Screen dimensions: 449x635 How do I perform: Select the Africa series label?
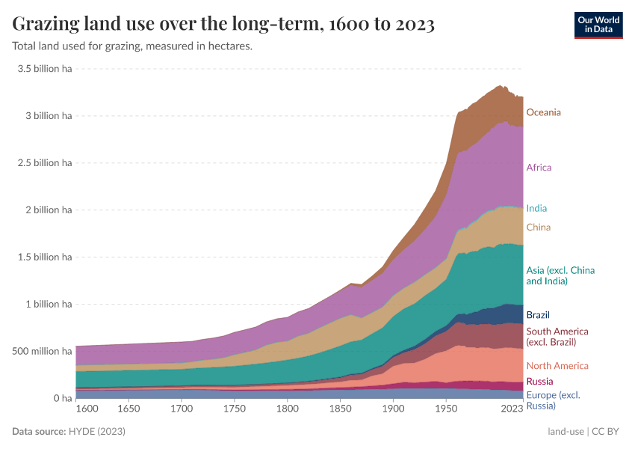[x=539, y=168]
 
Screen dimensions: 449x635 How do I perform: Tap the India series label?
[x=536, y=208]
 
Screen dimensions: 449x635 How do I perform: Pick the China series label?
[x=539, y=227]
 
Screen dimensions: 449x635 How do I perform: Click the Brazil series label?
[x=538, y=315]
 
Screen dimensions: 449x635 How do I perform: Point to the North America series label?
[x=557, y=366]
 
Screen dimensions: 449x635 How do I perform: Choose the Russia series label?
[x=539, y=382]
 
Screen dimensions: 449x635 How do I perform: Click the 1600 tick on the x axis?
[x=87, y=410]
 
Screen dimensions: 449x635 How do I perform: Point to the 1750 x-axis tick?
[x=234, y=410]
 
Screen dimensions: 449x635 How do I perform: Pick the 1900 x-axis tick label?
[x=393, y=410]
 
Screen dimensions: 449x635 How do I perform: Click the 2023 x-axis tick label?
[x=512, y=410]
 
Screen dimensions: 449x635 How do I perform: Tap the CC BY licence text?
[x=607, y=432]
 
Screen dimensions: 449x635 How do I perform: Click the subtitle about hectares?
[x=132, y=46]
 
